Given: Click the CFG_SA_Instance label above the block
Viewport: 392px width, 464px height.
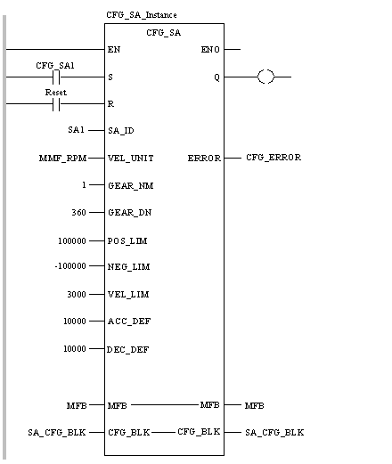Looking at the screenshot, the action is [142, 15].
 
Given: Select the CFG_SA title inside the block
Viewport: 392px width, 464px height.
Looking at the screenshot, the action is [163, 33].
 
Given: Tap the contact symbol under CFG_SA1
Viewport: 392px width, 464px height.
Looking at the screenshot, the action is [56, 77].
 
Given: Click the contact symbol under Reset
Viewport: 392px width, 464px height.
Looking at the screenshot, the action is [56, 104].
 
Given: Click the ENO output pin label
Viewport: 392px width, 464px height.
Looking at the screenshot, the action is [210, 50].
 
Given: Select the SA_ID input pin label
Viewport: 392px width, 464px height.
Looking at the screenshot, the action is [121, 131].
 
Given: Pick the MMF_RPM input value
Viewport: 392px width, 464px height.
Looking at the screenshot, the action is [62, 159].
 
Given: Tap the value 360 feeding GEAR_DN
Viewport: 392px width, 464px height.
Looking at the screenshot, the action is [78, 213].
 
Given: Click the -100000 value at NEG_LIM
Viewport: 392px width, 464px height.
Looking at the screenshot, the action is [70, 266].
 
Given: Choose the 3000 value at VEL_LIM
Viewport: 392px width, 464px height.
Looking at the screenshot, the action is [77, 295].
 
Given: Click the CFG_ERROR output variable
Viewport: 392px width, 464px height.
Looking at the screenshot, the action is [274, 158].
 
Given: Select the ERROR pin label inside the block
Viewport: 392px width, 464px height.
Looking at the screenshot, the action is [204, 159].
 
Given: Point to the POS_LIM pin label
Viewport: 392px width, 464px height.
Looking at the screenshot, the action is [127, 241].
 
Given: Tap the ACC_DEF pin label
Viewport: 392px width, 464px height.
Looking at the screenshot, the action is [129, 322].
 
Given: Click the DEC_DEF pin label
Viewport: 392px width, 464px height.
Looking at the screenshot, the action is [128, 350].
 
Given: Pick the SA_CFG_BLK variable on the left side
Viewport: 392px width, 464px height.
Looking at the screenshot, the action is [57, 433].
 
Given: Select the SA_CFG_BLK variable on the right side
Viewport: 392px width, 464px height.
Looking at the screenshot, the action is [274, 433].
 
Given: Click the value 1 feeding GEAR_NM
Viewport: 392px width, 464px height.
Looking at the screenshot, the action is [84, 185].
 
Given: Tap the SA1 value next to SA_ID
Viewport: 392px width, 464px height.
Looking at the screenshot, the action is [76, 130].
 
